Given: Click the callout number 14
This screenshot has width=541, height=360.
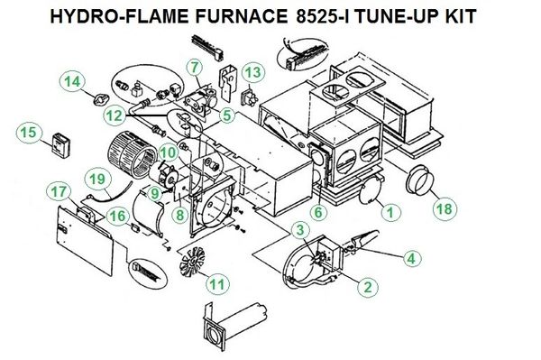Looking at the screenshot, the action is [x=72, y=82].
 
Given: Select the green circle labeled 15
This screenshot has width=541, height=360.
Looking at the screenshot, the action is [x=29, y=134].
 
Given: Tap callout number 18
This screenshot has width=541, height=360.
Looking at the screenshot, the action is [x=445, y=208].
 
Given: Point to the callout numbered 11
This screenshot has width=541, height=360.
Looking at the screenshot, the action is [x=217, y=285].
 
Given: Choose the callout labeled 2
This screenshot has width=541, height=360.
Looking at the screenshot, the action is [x=368, y=287].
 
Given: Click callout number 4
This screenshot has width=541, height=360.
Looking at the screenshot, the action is [x=411, y=258].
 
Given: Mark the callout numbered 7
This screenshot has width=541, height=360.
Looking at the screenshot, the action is [x=196, y=68].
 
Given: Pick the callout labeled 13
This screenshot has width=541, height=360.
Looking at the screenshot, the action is [x=252, y=73].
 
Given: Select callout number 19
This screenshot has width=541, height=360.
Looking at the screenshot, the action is [x=97, y=180].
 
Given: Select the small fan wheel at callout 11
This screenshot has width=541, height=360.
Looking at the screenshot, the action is [x=192, y=262].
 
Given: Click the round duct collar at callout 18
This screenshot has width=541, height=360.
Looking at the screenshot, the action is [x=418, y=180].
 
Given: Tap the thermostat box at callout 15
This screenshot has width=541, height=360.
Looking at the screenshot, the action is [x=61, y=145].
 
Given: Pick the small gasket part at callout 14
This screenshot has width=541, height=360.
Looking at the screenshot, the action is [x=100, y=100].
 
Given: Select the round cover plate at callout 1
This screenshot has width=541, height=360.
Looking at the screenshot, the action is [x=370, y=190].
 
